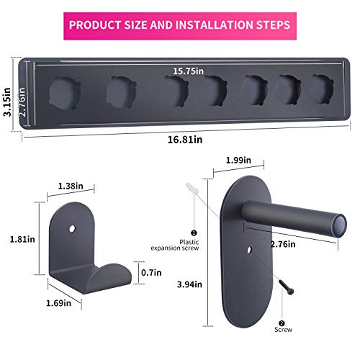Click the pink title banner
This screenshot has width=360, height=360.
[x=180, y=24]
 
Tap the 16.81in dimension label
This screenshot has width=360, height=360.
[x=179, y=141]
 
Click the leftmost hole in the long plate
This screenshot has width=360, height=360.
[x=64, y=92]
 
